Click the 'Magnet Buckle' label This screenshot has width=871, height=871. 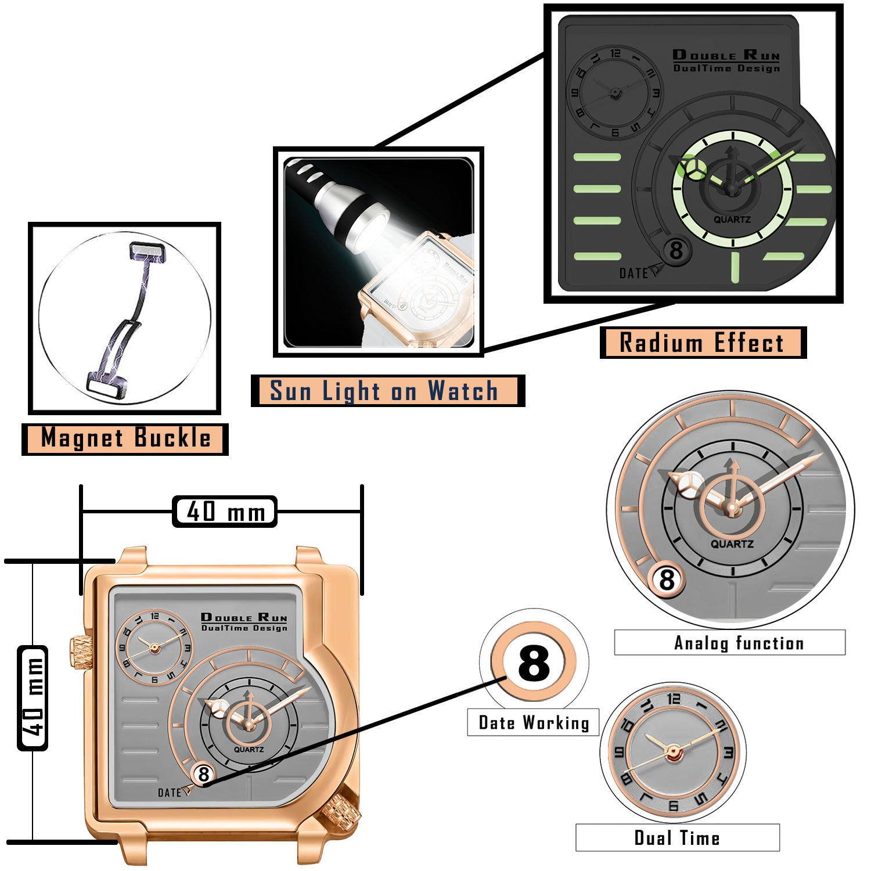(x=125, y=438)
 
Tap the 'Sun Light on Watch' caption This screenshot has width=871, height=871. (x=384, y=391)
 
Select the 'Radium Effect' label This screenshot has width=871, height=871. (x=702, y=343)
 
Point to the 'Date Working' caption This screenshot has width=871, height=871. (x=534, y=722)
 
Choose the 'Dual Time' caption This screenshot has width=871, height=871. (x=677, y=838)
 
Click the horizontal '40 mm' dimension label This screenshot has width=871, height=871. (x=225, y=512)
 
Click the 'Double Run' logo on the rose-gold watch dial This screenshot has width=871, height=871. (x=244, y=617)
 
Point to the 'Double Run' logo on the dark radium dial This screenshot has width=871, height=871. (x=726, y=56)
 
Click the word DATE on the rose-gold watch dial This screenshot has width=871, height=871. (x=169, y=793)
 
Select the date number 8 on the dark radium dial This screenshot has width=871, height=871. (x=676, y=251)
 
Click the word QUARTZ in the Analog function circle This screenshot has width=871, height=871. (x=732, y=544)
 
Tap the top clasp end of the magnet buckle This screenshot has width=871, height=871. (x=146, y=252)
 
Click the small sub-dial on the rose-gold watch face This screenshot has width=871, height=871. (x=154, y=647)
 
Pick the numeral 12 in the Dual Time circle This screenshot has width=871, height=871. (x=674, y=699)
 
